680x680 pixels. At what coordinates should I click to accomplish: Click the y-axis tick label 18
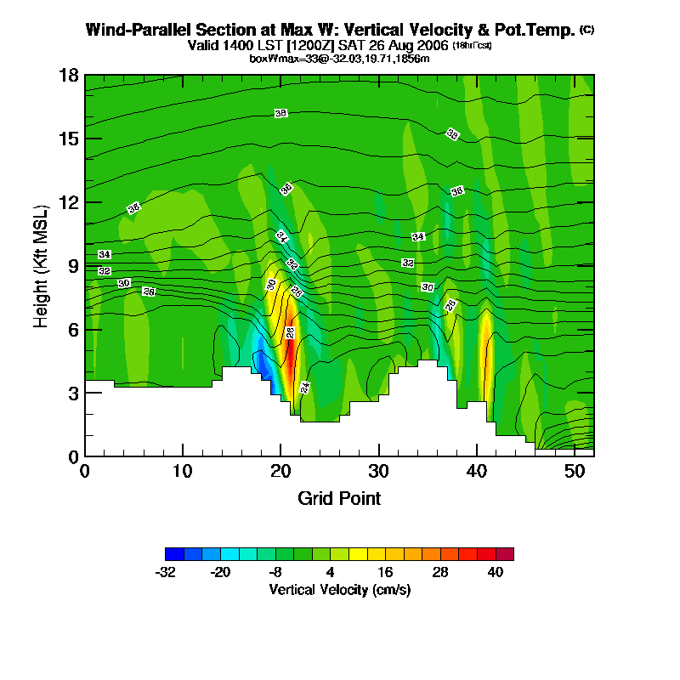[69, 75]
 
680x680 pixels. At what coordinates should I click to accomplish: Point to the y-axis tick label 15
[69, 139]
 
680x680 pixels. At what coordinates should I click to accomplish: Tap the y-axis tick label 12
[69, 202]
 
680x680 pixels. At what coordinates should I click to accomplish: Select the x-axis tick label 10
[183, 470]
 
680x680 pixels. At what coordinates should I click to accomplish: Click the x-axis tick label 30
[379, 470]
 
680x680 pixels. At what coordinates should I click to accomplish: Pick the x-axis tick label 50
[575, 470]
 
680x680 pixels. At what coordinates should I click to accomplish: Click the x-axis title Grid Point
[339, 498]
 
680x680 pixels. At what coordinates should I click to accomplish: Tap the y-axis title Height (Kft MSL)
[41, 265]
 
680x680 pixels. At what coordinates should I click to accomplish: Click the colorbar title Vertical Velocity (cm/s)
[339, 589]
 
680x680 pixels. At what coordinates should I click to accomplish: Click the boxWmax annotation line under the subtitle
[339, 58]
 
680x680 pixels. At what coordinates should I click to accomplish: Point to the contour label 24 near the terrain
[305, 387]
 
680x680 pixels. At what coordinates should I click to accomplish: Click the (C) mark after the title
[586, 30]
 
